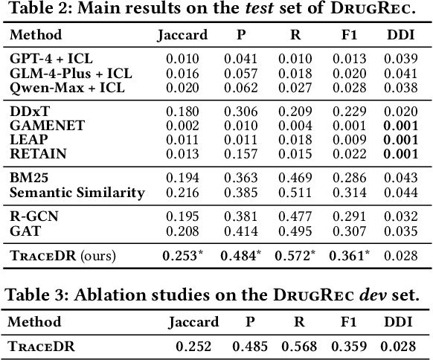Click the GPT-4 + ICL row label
[50, 57]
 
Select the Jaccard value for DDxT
[181, 112]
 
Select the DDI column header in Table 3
[399, 322]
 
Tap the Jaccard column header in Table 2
[181, 35]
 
